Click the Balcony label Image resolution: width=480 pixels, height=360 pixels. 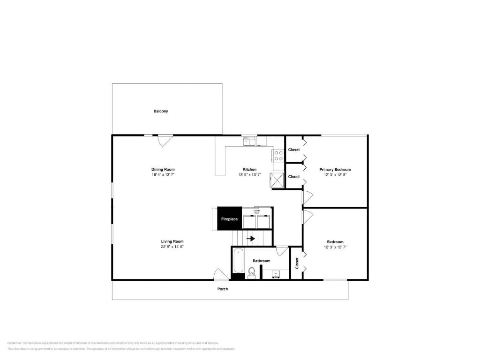160,111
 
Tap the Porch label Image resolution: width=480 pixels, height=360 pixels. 223,289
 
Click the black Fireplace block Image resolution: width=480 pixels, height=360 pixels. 229,219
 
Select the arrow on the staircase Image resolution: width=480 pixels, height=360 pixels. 251,239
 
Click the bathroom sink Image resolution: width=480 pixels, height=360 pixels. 275,274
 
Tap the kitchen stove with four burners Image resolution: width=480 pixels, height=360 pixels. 278,156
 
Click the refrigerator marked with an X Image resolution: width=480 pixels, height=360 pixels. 277,180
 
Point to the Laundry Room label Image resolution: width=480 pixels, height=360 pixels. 257,211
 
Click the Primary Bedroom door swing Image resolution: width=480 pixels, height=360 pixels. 307,197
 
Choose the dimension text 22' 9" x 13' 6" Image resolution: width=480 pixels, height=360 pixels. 172,247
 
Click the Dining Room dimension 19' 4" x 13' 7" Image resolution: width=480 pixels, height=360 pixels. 163,174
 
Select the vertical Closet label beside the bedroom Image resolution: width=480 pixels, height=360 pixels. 297,263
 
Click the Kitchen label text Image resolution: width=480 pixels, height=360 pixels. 249,169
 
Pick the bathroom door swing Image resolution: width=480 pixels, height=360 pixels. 282,251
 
